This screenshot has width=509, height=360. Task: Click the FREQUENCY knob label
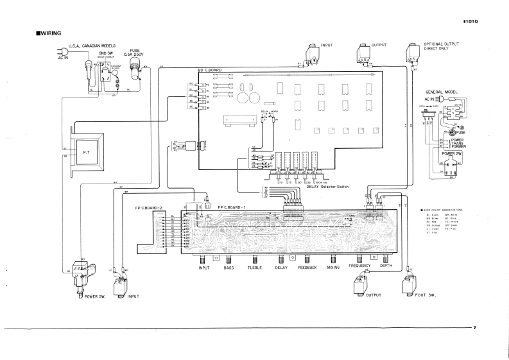coord(360,266)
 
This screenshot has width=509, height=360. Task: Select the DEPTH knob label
coord(386,266)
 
